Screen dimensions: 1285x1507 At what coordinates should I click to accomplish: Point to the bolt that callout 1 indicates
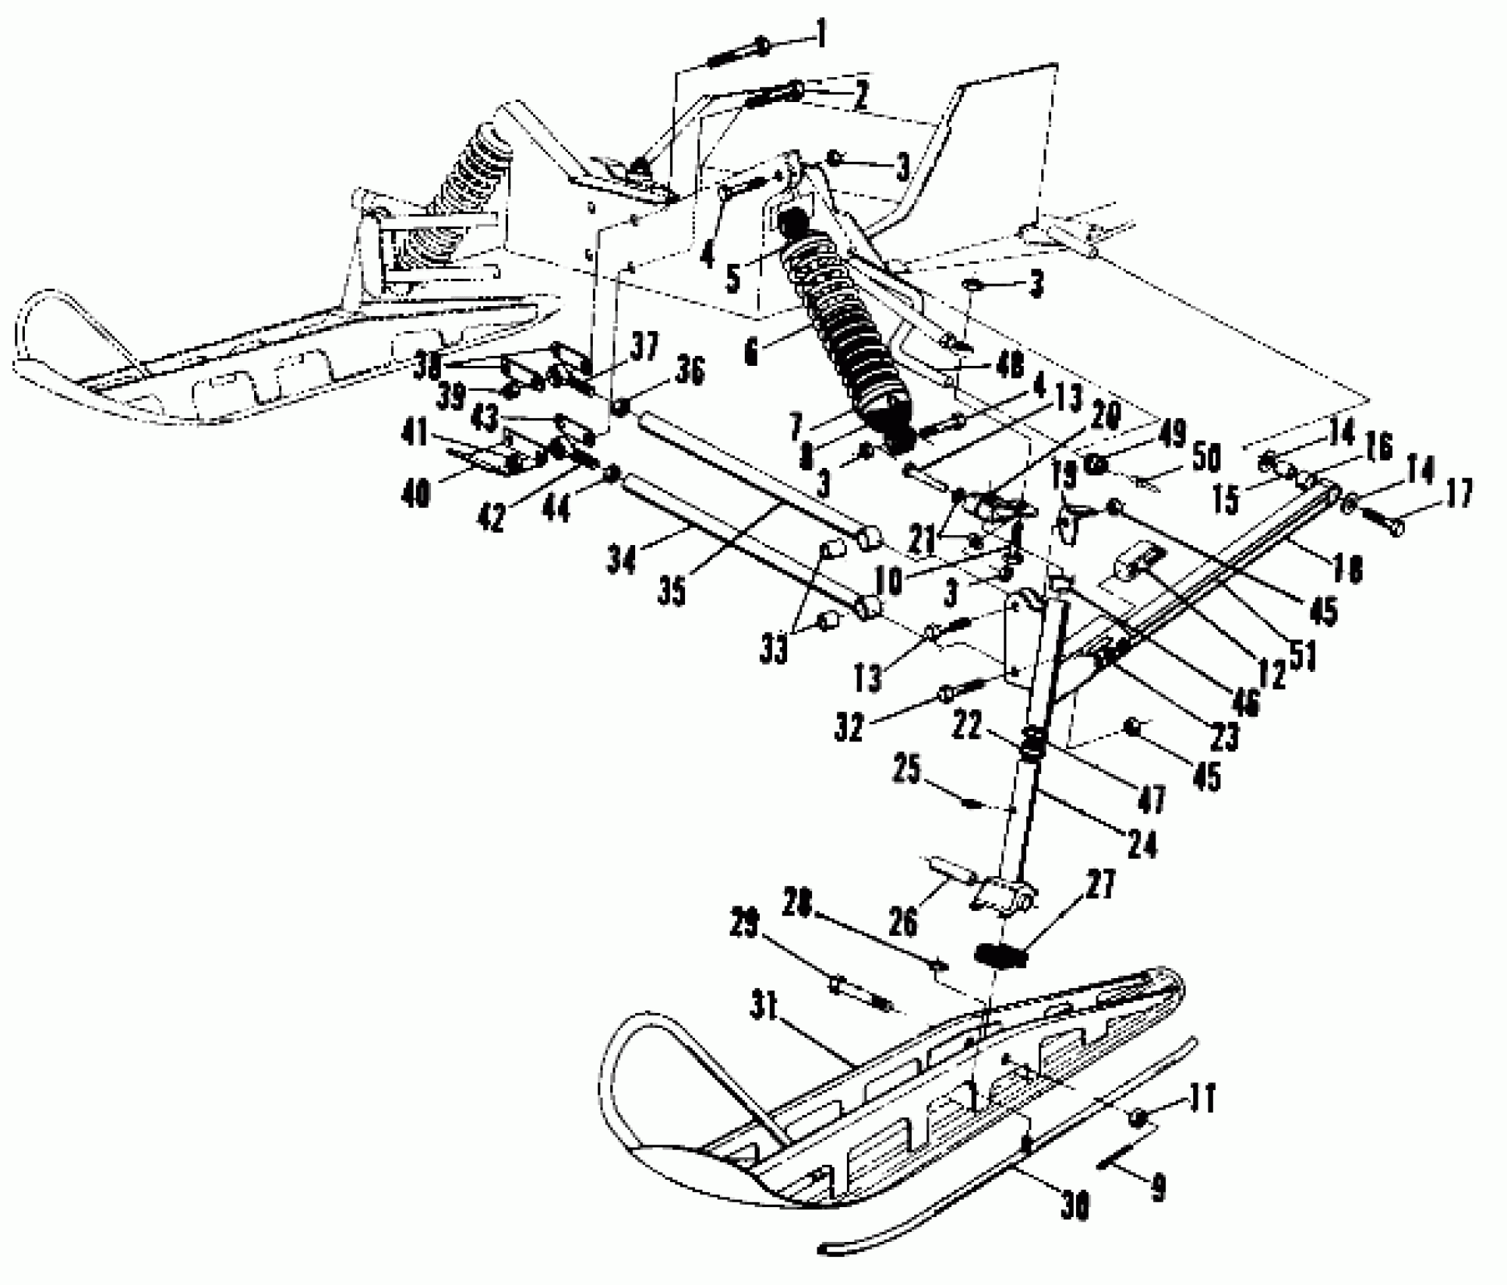tap(737, 54)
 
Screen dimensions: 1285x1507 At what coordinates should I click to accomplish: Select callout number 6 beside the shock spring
tap(750, 353)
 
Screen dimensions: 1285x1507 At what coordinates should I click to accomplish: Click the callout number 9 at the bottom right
tap(1157, 1187)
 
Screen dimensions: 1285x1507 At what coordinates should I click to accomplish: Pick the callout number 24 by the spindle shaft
tap(1142, 844)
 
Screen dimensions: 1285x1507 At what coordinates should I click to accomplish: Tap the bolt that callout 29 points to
tap(861, 991)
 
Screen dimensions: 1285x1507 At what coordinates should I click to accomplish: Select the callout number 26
tap(904, 921)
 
